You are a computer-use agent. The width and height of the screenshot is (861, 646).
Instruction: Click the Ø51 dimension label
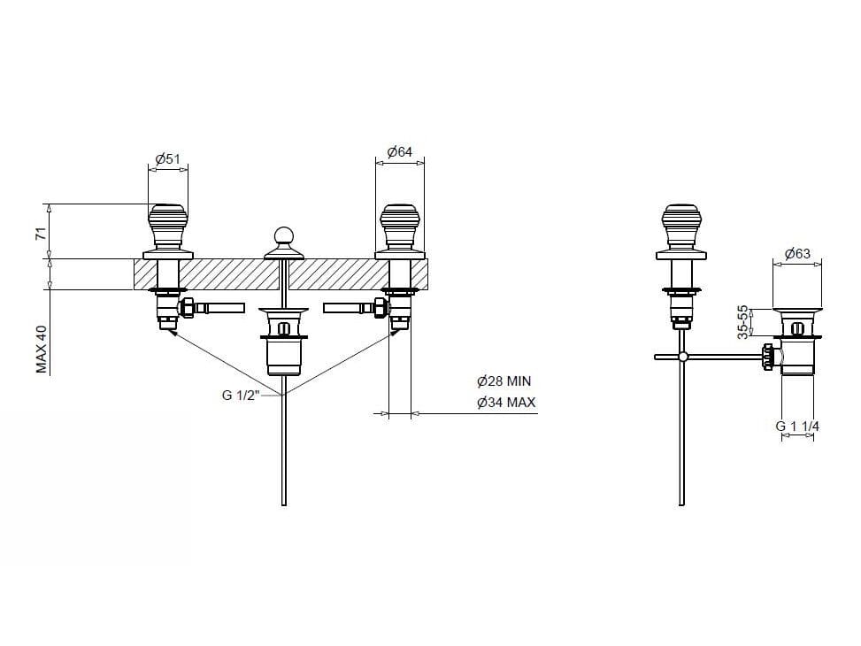click(168, 158)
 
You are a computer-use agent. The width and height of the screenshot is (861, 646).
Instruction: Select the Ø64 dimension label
click(400, 151)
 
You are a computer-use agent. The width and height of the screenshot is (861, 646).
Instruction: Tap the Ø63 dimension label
click(797, 253)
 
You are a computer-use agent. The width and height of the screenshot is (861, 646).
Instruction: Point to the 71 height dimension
click(40, 233)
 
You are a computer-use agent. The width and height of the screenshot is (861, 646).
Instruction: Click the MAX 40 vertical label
click(42, 350)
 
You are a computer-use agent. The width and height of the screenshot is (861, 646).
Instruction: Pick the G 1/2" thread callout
click(241, 395)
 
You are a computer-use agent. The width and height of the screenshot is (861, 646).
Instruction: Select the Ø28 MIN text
click(504, 381)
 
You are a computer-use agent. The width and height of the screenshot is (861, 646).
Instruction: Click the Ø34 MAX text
click(506, 402)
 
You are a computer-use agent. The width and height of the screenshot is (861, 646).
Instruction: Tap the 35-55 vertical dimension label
click(742, 322)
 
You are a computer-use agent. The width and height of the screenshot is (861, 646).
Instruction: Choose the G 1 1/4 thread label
click(797, 426)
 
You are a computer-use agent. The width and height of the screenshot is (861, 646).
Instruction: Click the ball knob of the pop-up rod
click(284, 235)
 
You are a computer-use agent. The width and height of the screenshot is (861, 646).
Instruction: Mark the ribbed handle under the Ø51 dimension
click(168, 227)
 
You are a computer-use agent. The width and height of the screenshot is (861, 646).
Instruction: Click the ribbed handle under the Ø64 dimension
click(400, 227)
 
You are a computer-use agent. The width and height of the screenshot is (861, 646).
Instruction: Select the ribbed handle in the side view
click(681, 227)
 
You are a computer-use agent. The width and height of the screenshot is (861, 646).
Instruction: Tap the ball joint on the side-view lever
click(682, 357)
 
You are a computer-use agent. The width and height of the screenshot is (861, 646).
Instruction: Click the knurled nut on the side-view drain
click(768, 358)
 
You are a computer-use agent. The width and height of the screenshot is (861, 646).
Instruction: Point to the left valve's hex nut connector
click(188, 308)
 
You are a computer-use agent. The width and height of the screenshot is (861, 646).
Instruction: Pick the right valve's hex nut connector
click(380, 308)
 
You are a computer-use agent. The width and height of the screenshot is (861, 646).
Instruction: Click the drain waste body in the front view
click(284, 341)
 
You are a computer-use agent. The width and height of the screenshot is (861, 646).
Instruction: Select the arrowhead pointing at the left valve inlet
click(171, 331)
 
